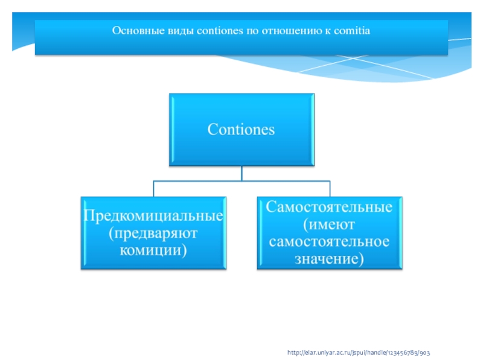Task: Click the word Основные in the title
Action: (x=134, y=29)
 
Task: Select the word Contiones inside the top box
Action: (x=241, y=129)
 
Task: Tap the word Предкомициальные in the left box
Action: (x=154, y=215)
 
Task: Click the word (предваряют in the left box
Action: (x=154, y=232)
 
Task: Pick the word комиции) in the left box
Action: (x=154, y=249)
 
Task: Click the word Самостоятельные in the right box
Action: (x=330, y=207)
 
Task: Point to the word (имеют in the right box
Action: (x=330, y=224)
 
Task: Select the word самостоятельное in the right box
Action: (x=330, y=241)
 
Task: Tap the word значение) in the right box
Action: (x=330, y=259)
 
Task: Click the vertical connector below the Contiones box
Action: (x=241, y=173)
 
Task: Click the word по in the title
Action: (x=251, y=29)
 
